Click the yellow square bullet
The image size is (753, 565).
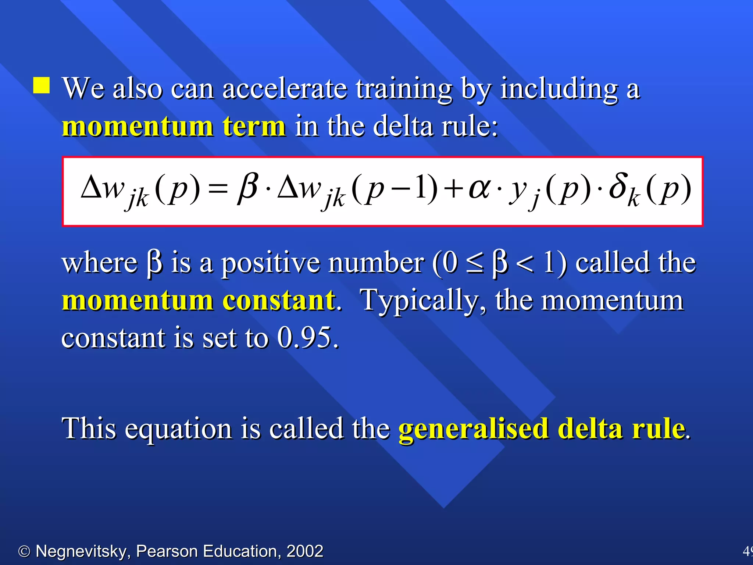click(42, 85)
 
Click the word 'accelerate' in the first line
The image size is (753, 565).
click(285, 89)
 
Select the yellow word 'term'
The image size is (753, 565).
click(254, 126)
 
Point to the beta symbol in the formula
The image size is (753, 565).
click(247, 188)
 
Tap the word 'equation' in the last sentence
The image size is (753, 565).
click(178, 429)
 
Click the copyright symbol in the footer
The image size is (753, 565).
click(24, 551)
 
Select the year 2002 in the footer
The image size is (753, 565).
click(305, 551)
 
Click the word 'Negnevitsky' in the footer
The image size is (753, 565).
click(81, 551)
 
